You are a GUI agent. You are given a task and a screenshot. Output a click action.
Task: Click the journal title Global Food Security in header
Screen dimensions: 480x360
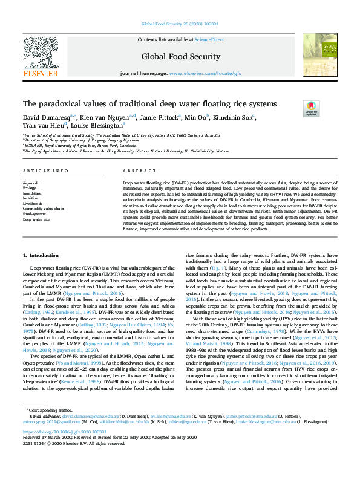click(180, 56)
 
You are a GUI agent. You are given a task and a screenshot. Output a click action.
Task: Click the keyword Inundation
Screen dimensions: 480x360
click(33, 192)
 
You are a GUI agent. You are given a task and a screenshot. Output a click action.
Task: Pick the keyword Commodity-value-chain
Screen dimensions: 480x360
click(44, 209)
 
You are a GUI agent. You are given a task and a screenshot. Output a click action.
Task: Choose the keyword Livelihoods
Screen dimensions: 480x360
click(34, 203)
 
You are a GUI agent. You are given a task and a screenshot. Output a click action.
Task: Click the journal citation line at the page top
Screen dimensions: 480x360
click(180, 24)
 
